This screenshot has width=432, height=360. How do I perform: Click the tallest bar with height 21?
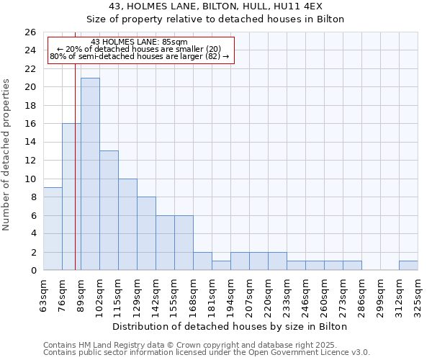[x=90, y=174]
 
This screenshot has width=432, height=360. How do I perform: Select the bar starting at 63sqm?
[x=53, y=229]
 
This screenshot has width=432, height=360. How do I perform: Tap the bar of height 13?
[x=109, y=210]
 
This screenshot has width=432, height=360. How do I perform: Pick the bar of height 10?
[x=127, y=225]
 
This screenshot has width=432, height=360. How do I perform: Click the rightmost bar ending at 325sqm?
[x=408, y=266]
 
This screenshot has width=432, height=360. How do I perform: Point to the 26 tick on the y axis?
[x=30, y=32]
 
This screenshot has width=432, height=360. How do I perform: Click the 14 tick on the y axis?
[x=30, y=143]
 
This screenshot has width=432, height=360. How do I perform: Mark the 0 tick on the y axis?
[x=32, y=271]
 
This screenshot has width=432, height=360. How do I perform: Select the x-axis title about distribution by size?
[x=230, y=326]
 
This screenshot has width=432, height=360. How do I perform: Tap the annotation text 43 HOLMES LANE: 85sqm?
[x=140, y=42]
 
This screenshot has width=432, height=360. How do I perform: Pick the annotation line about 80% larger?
[x=140, y=56]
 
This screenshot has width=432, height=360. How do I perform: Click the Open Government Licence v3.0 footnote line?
[x=207, y=353]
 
